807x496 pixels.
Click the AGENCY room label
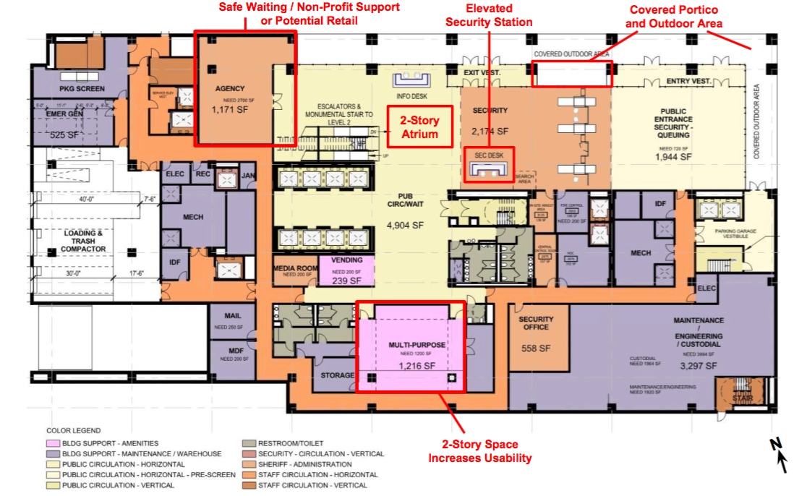tap(230, 88)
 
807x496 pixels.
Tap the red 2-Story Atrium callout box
tap(420, 127)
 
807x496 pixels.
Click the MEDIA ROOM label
tap(295, 267)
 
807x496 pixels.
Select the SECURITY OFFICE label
tap(536, 323)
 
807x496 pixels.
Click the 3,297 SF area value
tap(698, 367)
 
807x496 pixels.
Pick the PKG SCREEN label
tap(82, 89)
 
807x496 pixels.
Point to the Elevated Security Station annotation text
tap(489, 16)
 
